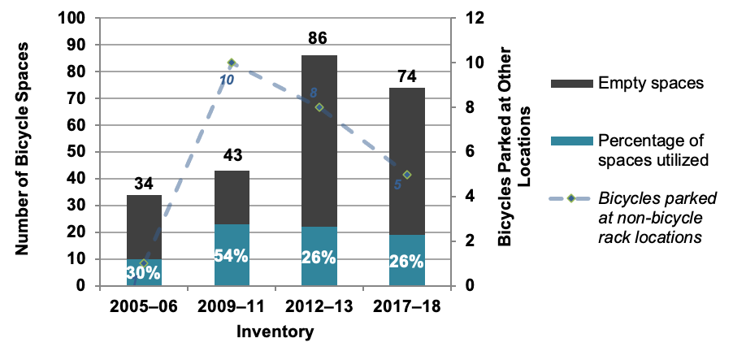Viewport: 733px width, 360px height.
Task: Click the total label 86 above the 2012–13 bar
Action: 319,38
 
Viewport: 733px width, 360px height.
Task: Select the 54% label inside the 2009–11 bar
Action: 231,255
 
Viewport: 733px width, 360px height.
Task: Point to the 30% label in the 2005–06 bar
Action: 144,273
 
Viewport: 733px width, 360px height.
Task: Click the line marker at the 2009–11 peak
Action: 232,63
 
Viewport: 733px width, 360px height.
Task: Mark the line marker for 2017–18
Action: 407,175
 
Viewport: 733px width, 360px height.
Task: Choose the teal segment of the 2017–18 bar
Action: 406,260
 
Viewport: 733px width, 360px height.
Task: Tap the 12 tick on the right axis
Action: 475,18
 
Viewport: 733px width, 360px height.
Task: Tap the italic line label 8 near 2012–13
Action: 313,93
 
